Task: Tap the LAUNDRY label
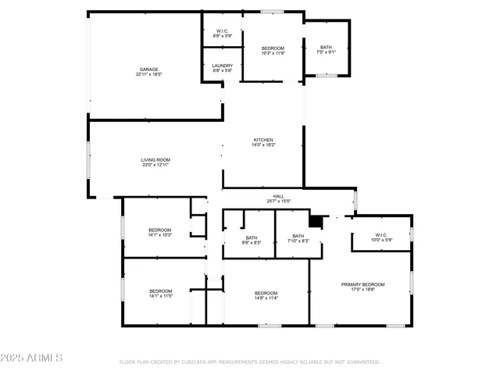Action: pyautogui.click(x=223, y=66)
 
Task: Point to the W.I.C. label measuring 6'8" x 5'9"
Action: pyautogui.click(x=223, y=31)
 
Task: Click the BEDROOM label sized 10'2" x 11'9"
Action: pyautogui.click(x=273, y=48)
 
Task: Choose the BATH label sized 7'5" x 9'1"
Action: pyautogui.click(x=326, y=48)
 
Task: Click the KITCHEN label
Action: pyautogui.click(x=262, y=140)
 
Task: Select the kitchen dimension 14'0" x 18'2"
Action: pyautogui.click(x=262, y=145)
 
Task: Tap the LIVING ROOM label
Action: pyautogui.click(x=155, y=159)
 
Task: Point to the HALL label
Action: pyautogui.click(x=278, y=196)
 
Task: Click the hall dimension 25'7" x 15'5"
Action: pyautogui.click(x=278, y=202)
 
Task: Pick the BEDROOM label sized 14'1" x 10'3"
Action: pyautogui.click(x=159, y=230)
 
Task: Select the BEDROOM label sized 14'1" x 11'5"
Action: pyautogui.click(x=160, y=291)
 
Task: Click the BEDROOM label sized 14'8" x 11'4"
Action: pyautogui.click(x=266, y=291)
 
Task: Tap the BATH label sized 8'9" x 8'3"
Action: pyautogui.click(x=252, y=237)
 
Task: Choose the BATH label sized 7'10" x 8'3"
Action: pyautogui.click(x=298, y=236)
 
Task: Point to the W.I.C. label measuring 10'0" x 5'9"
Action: pyautogui.click(x=381, y=234)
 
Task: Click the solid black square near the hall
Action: pyautogui.click(x=316, y=222)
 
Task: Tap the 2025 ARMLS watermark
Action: pyautogui.click(x=32, y=357)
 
